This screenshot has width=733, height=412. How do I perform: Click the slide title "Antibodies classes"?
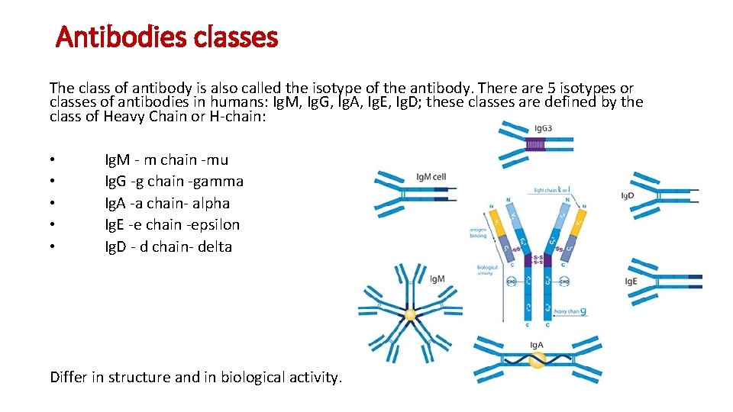point(166,36)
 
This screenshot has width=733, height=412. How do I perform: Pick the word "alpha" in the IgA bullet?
point(211,203)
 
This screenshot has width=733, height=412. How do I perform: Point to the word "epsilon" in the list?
point(215,225)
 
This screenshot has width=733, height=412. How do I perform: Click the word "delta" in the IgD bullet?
point(214,246)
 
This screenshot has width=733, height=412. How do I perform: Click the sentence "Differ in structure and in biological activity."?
point(196,377)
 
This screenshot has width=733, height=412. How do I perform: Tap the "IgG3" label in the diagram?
point(544,128)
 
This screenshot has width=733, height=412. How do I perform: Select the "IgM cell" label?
point(431,177)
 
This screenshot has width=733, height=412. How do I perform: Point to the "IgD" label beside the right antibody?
point(627,196)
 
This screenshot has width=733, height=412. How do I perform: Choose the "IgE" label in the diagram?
point(631,282)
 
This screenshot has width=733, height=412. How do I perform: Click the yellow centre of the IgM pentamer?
point(410,314)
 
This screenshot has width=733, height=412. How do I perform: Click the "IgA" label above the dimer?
point(537,345)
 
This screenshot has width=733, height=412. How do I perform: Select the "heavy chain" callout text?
point(568,311)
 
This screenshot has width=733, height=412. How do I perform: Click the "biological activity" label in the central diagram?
point(487,269)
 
